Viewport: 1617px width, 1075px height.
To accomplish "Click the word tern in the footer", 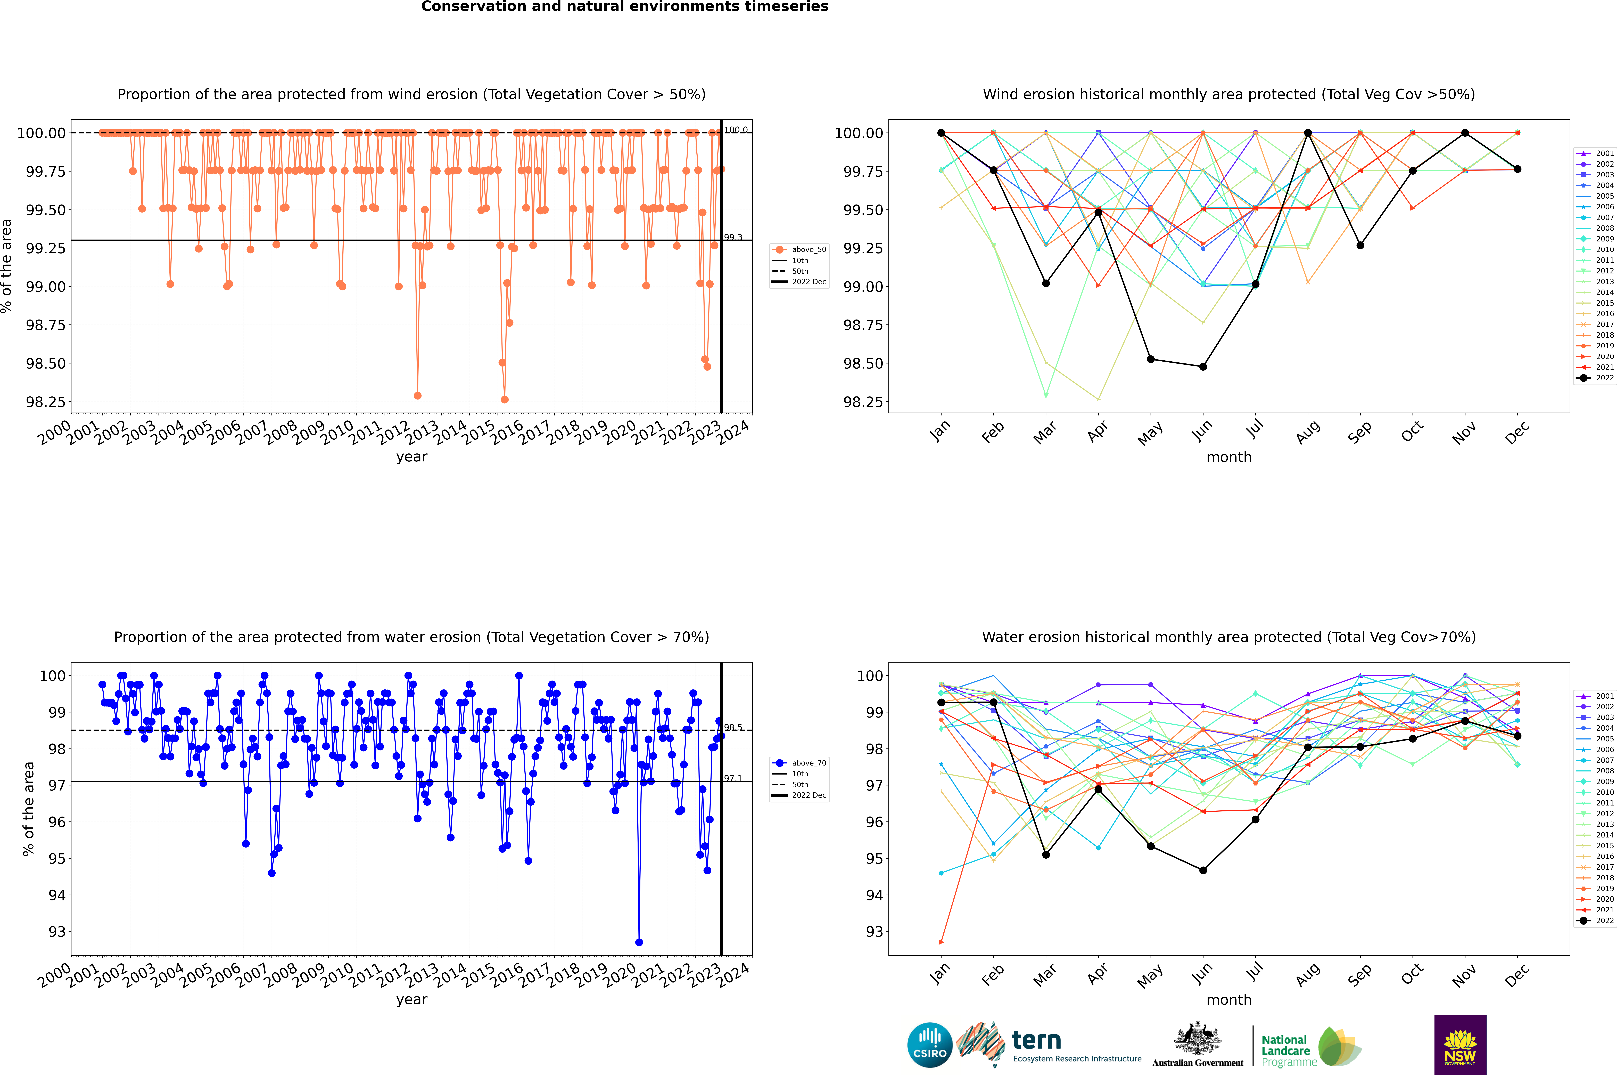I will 1036,1041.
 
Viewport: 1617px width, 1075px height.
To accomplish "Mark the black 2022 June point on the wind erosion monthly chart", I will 1203,367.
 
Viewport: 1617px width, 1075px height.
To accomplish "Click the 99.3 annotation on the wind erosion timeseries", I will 733,237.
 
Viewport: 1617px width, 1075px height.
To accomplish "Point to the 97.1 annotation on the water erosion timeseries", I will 733,778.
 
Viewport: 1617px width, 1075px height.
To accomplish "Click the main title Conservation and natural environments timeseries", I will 624,7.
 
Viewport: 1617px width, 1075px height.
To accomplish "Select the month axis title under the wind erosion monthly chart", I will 1228,457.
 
